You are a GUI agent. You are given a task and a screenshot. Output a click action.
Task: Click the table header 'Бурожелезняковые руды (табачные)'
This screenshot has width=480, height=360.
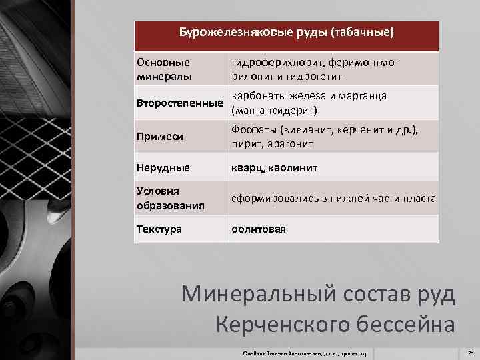287,32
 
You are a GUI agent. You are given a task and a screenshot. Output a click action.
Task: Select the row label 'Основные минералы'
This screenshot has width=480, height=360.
164,69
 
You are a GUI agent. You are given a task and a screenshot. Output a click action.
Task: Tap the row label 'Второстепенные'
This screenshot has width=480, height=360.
179,103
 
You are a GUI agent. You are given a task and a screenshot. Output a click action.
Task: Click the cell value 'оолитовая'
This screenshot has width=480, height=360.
258,229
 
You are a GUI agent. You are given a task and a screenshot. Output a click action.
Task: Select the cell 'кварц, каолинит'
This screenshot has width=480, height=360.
274,168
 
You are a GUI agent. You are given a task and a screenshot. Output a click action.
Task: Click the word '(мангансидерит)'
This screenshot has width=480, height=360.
273,110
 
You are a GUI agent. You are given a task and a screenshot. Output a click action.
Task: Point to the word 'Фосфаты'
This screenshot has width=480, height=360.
254,130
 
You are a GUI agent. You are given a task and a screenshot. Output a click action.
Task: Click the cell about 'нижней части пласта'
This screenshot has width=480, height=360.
334,199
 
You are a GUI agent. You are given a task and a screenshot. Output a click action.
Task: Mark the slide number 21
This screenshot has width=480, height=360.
471,352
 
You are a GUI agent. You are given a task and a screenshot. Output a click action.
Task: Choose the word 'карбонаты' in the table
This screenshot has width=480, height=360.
257,96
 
